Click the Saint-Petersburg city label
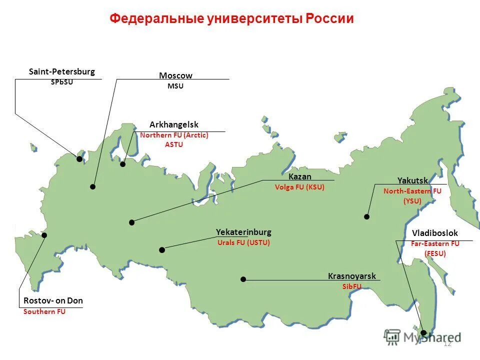[x=61, y=72]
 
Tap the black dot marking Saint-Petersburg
[x=79, y=159]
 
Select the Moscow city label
[x=175, y=75]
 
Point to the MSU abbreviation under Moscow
[x=175, y=86]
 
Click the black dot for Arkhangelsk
[x=123, y=164]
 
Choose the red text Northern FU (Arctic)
[x=174, y=135]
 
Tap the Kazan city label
[x=300, y=177]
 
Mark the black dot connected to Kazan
[x=132, y=222]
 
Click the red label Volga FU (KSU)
[x=299, y=187]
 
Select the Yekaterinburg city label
[x=243, y=232]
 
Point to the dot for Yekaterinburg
[x=161, y=250]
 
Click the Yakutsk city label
[x=412, y=180]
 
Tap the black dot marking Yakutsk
[x=366, y=217]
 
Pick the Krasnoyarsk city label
[x=351, y=276]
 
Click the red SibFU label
[x=351, y=286]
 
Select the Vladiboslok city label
[x=434, y=233]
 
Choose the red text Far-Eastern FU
[x=435, y=244]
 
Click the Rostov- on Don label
[x=53, y=300]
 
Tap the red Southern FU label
[x=44, y=311]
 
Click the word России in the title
[x=330, y=19]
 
